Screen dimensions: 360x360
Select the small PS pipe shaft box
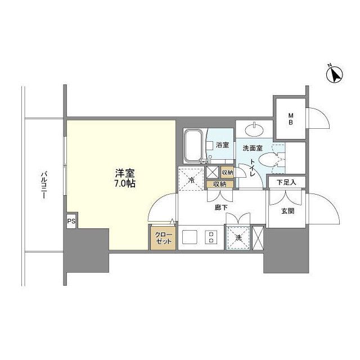(71, 221)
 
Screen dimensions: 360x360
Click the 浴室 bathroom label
(222, 145)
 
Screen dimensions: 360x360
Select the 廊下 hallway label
(221, 207)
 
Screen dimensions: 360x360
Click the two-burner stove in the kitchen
(211, 237)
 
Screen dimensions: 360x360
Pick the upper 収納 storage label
(227, 173)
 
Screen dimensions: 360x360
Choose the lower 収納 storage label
(220, 184)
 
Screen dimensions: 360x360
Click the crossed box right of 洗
(258, 237)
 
